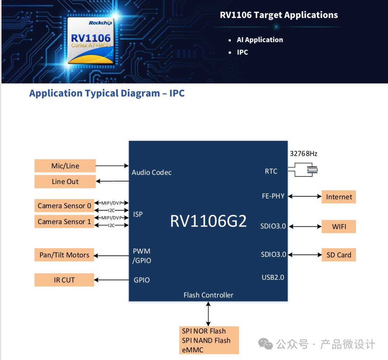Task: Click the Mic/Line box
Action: (x=65, y=166)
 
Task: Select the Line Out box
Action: (x=65, y=182)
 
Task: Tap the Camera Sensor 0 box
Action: (x=64, y=206)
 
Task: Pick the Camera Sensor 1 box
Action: (x=64, y=222)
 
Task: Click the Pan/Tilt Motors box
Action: (x=64, y=255)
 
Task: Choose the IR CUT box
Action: (x=64, y=280)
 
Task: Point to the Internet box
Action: (x=339, y=197)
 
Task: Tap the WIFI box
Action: (x=339, y=227)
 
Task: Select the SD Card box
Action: (x=339, y=255)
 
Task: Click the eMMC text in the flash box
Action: (x=193, y=350)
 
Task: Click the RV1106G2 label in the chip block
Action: (x=208, y=221)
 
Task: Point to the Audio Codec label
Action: (x=152, y=172)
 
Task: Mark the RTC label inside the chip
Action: (x=271, y=171)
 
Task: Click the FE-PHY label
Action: (x=273, y=196)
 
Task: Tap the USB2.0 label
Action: (x=273, y=277)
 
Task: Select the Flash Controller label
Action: (x=208, y=295)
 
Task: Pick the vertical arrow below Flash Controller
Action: (x=208, y=314)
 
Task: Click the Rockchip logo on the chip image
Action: (x=100, y=23)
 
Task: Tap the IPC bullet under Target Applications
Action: (x=242, y=52)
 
